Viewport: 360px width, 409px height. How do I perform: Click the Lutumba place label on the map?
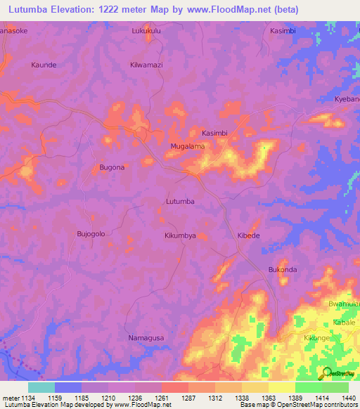coord(179,202)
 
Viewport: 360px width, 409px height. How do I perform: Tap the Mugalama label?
coord(187,146)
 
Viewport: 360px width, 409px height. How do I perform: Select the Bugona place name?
coord(112,167)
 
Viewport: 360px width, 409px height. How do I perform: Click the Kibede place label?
coord(248,235)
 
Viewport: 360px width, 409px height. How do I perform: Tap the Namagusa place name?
coord(146,338)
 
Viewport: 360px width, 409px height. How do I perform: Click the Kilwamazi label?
coord(146,65)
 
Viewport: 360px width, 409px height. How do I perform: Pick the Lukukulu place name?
coord(146,32)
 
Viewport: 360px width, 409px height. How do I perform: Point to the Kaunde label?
coord(44,65)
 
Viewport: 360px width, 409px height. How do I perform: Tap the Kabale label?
coord(344,321)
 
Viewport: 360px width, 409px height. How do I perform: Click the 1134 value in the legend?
coord(27,398)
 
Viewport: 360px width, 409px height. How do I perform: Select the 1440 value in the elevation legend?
coord(340,398)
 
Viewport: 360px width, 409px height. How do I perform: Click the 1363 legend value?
coord(258,398)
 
